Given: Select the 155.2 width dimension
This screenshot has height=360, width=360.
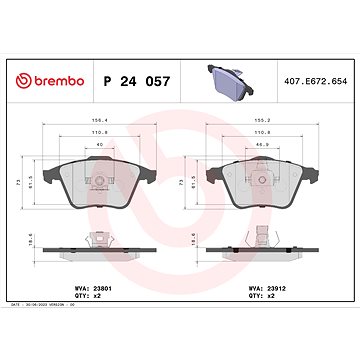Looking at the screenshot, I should coord(262,123).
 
